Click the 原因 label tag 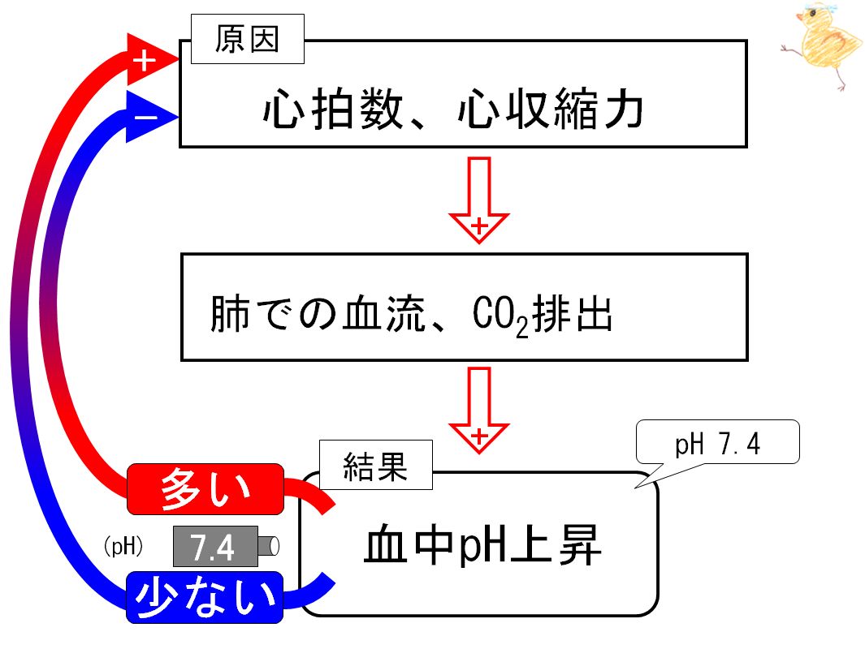(x=248, y=39)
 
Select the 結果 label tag (x=376, y=465)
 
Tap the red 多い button (x=205, y=489)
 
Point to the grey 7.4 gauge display (x=216, y=547)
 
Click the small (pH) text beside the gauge (x=123, y=546)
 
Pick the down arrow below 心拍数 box (x=479, y=200)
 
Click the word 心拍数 (x=333, y=110)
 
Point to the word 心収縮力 (x=550, y=110)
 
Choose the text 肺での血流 (x=318, y=313)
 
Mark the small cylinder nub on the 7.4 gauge (x=268, y=546)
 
